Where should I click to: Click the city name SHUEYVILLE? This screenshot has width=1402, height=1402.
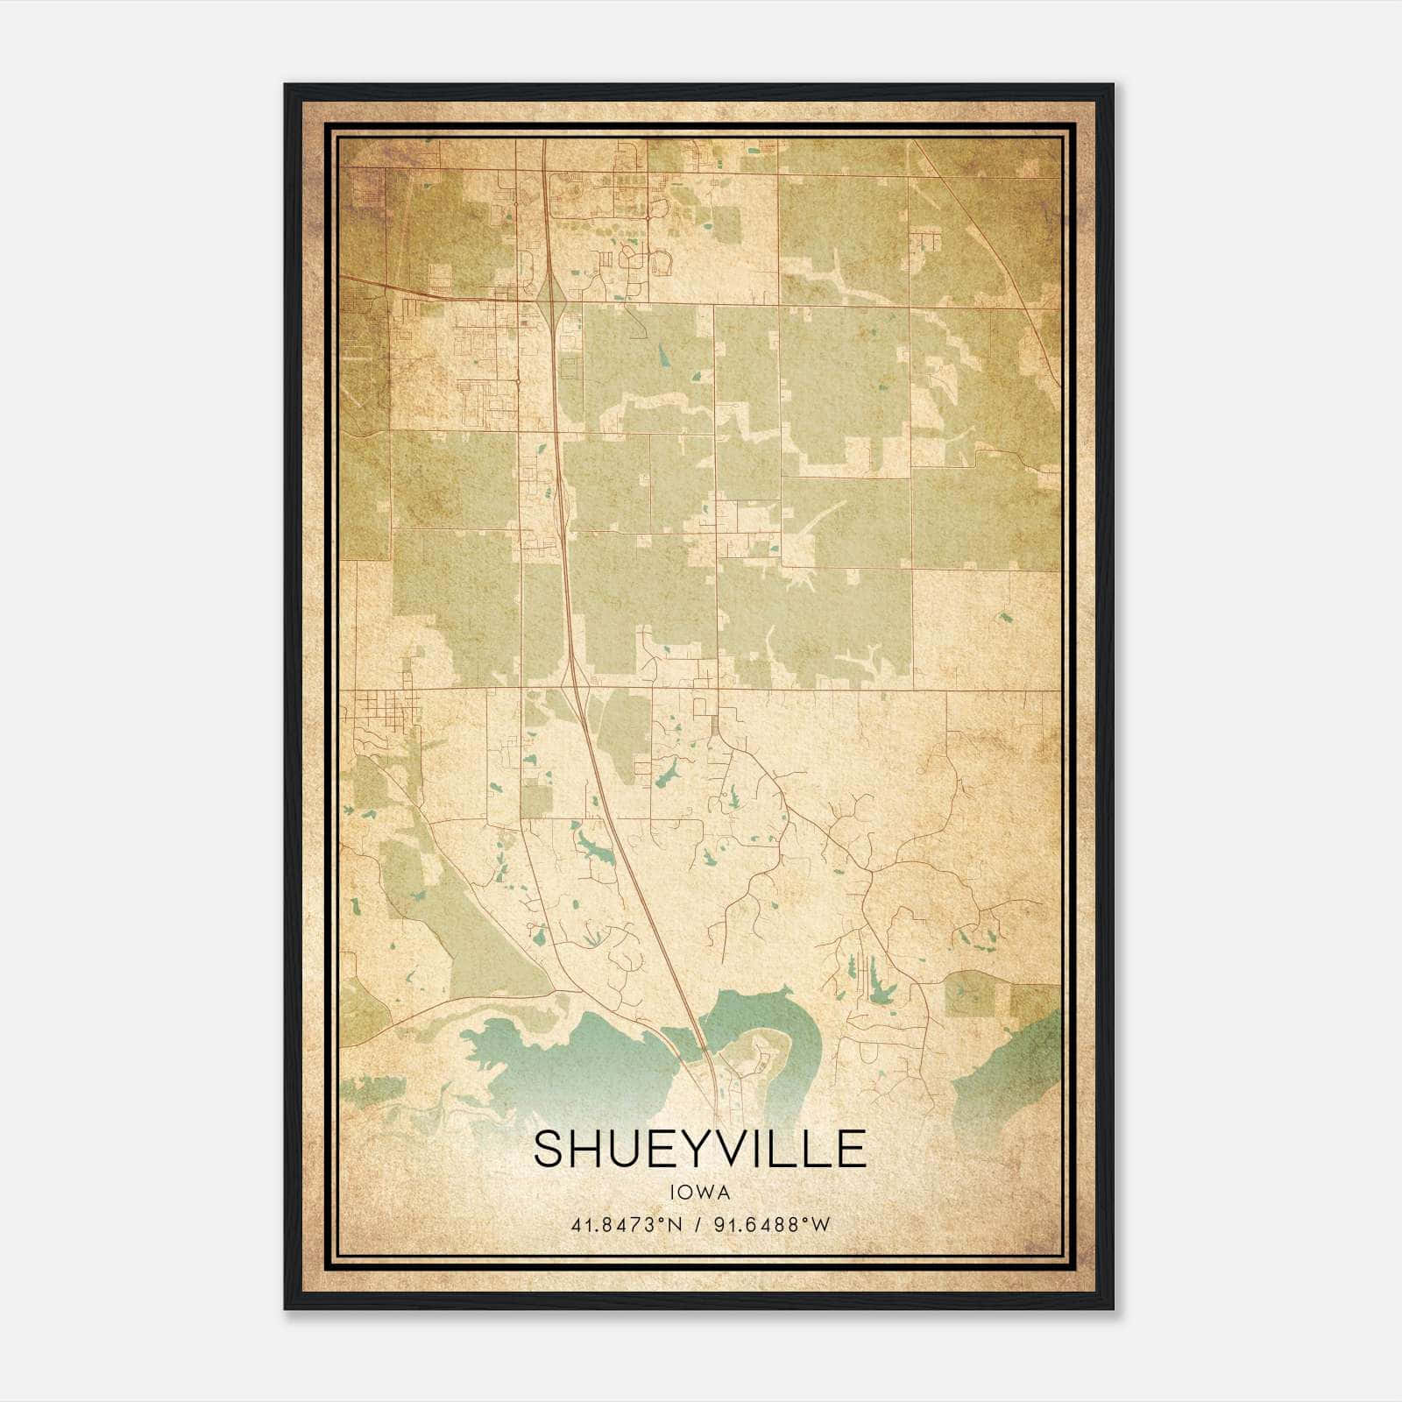[699, 1149]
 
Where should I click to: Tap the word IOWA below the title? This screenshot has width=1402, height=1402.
[699, 1192]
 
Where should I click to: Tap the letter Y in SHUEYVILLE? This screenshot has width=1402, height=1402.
[697, 1149]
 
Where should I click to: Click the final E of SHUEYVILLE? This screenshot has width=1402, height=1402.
[850, 1149]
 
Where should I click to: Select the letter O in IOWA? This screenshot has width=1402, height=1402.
[690, 1192]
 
